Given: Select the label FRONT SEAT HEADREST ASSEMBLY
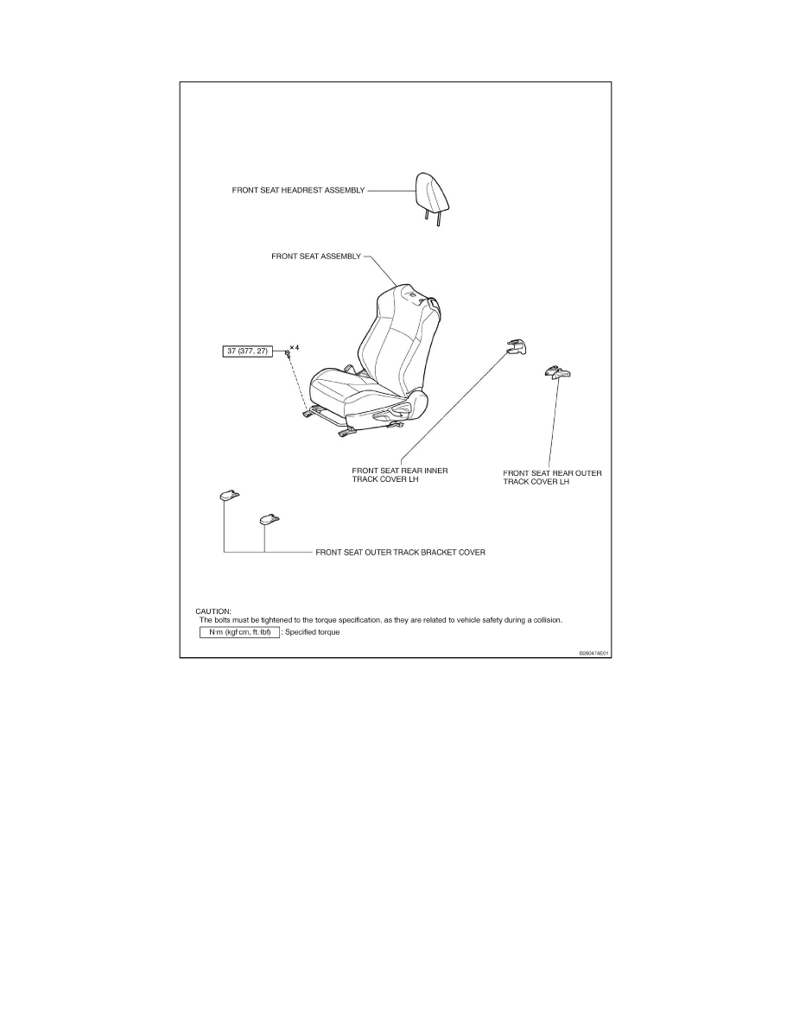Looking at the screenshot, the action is point(298,190).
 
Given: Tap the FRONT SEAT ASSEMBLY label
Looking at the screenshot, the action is point(316,256).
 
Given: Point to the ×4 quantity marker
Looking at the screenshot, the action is point(295,347).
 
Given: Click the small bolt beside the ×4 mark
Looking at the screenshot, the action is point(287,354).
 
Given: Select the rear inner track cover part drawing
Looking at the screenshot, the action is point(516,346).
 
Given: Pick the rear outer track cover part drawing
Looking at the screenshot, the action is point(557,372).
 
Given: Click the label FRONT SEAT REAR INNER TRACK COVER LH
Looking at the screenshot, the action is point(400,475).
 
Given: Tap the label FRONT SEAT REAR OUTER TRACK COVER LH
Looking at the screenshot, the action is point(552,478).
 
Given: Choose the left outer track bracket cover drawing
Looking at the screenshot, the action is point(229,496).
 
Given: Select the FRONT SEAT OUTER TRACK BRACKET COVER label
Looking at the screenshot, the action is point(401,552).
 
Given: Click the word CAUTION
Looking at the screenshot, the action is point(213,611).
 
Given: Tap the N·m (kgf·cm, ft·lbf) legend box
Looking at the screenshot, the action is point(239,632).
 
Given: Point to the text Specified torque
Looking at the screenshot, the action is point(312,632).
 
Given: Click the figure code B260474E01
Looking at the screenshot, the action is point(593,653).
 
